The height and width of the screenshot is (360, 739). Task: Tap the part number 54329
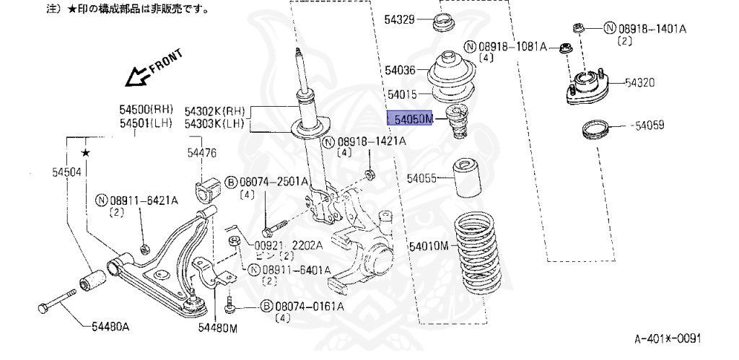pos(399,20)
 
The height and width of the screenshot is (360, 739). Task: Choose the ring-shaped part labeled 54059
pos(596,131)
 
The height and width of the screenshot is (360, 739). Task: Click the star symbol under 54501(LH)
pos(85,152)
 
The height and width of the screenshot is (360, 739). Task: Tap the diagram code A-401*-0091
pos(667,338)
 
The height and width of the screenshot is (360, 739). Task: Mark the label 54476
pos(201,152)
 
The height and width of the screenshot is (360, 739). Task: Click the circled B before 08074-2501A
pos(232,181)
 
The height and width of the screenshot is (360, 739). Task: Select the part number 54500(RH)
pos(147,110)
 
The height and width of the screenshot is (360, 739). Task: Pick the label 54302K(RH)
pos(215,112)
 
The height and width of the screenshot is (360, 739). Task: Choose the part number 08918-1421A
pos(370,141)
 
